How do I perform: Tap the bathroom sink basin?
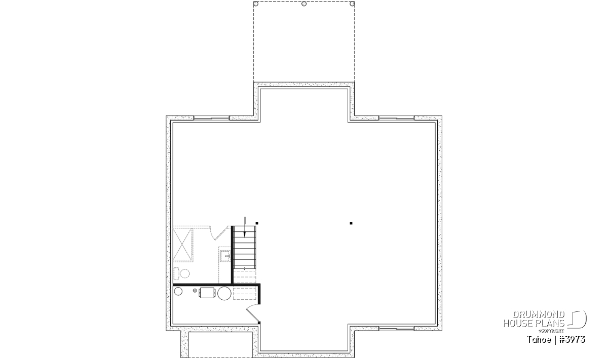225,255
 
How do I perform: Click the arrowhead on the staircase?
245,233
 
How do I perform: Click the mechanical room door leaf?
252,316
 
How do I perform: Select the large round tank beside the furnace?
224,293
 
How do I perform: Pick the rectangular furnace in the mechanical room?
208,293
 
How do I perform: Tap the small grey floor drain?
195,291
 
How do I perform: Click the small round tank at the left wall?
178,292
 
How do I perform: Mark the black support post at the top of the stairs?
257,223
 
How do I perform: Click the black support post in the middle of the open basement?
351,223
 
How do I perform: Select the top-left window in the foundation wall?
211,118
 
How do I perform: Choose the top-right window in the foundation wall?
397,118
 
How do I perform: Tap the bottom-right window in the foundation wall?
397,329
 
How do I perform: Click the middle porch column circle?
304,4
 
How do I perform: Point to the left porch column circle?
256,4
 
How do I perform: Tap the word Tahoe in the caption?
539,340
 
